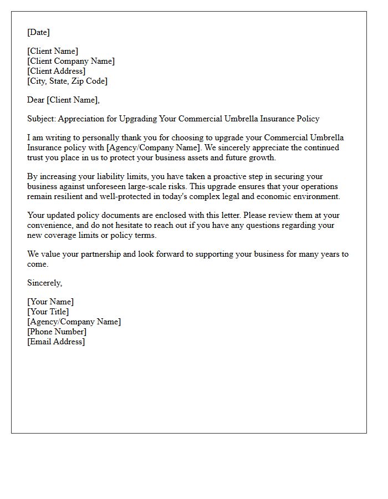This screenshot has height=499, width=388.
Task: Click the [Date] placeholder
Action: click(x=38, y=32)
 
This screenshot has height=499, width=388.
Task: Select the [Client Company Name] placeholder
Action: click(x=71, y=61)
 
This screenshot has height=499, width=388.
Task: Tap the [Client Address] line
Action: click(x=56, y=71)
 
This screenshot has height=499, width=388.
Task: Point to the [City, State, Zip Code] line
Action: click(x=67, y=81)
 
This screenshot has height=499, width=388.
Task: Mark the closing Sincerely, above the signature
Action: click(x=44, y=283)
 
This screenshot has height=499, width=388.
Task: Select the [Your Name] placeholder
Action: click(x=50, y=302)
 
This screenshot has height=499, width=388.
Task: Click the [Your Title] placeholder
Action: click(x=48, y=312)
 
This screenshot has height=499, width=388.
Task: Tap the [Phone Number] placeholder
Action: click(x=57, y=332)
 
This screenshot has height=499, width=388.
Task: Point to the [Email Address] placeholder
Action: click(x=56, y=342)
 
